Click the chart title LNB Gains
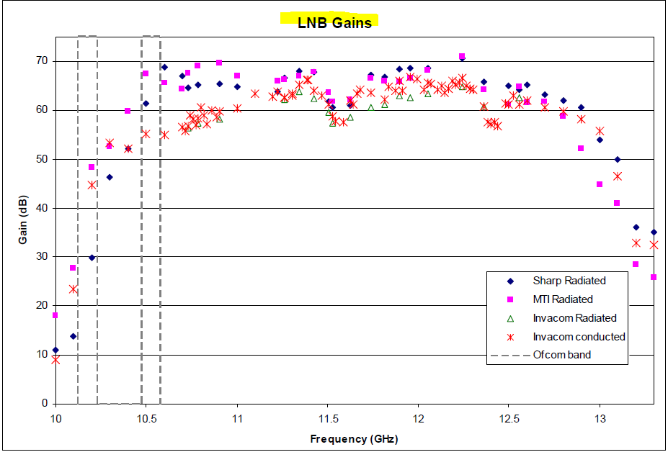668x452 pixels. (x=334, y=22)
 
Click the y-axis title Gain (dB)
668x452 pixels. (x=24, y=218)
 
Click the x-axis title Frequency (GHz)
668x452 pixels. (x=354, y=439)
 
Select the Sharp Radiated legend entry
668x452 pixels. (x=569, y=281)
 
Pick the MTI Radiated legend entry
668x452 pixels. (x=563, y=299)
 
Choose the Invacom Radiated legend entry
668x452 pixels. (x=574, y=318)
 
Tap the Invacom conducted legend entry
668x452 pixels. (x=579, y=336)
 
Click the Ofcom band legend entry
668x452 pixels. (x=561, y=355)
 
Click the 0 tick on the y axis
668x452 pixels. (x=45, y=404)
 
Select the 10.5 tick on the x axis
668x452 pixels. (x=146, y=418)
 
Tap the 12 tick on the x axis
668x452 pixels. (x=419, y=418)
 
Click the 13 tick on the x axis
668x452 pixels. (x=600, y=418)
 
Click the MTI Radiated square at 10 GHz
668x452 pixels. (x=55, y=315)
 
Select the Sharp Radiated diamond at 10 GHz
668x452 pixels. (x=55, y=350)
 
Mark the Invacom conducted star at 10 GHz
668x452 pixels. (x=55, y=359)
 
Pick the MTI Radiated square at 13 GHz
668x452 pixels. (x=600, y=184)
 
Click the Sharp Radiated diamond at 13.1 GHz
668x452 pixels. (x=618, y=159)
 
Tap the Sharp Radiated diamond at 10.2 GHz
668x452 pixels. (x=92, y=258)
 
